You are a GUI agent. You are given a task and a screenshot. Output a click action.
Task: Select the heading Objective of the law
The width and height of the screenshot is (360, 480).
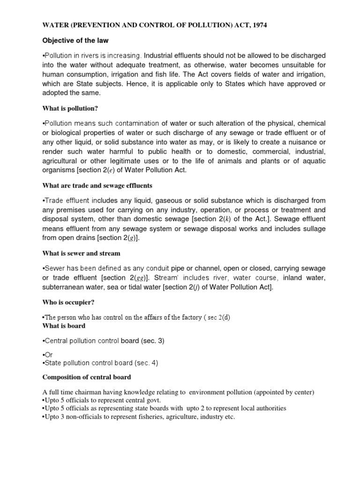click(x=75, y=41)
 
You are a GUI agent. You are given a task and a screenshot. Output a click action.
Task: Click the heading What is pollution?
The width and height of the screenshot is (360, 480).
click(x=70, y=109)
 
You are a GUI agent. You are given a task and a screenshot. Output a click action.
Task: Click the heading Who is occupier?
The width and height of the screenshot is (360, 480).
click(x=69, y=303)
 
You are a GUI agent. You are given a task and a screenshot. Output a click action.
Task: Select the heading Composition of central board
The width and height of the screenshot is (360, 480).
click(x=87, y=377)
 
